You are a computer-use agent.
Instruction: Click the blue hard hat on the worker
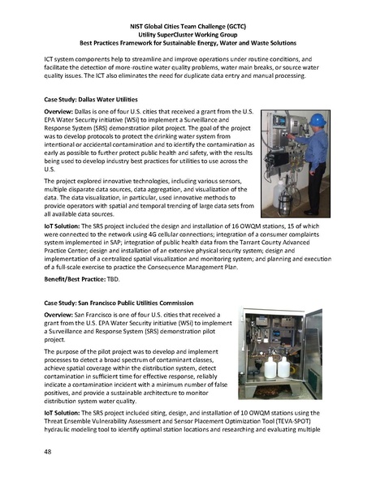[x=318, y=119]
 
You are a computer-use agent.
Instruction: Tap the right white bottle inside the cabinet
[x=284, y=368]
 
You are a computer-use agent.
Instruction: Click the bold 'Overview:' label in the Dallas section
[x=62, y=110]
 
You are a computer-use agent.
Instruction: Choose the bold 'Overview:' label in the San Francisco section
[x=62, y=314]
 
